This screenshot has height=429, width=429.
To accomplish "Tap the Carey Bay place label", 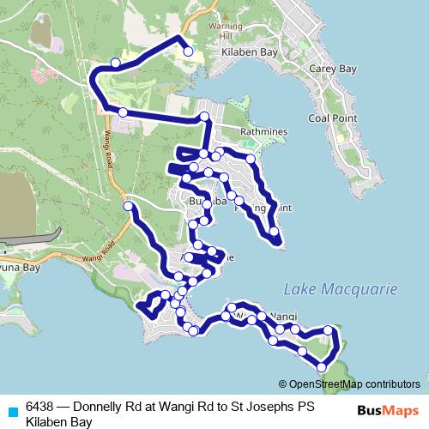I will pos(334,66).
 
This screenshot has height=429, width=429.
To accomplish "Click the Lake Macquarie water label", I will pos(341,289).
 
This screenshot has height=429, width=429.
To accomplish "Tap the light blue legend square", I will pos(13,411).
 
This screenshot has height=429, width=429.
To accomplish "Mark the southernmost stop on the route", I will pos(322,367).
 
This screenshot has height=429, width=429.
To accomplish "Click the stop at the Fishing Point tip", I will pos(274,231).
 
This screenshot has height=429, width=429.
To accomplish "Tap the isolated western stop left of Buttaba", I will pos(128,206).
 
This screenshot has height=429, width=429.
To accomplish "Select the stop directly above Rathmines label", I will pos(205,116).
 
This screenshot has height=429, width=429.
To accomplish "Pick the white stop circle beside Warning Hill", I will pos(189,52).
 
